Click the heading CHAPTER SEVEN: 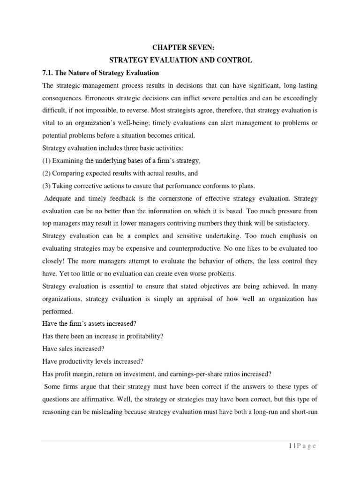pyautogui.click(x=180, y=48)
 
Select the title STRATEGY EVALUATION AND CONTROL pyautogui.click(x=180, y=60)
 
